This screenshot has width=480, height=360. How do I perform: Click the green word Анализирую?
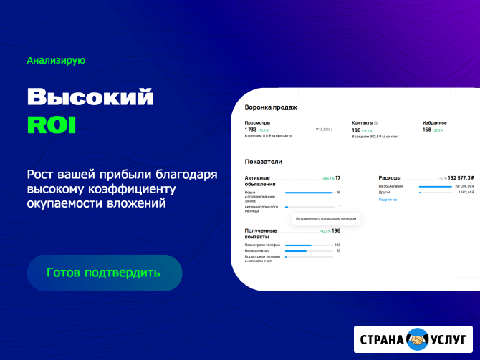click(56, 61)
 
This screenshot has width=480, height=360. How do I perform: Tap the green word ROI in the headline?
click(51, 124)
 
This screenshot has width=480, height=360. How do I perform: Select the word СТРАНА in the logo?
click(381, 339)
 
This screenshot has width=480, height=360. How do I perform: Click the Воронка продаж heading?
click(271, 107)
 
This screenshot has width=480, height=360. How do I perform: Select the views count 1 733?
click(250, 130)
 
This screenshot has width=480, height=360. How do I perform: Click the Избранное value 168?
click(426, 130)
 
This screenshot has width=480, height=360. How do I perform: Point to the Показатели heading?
click(264, 162)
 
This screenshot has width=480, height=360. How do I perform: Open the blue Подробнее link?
click(388, 200)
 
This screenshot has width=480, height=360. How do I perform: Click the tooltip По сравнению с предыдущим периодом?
click(326, 218)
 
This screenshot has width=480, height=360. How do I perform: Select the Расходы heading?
click(390, 177)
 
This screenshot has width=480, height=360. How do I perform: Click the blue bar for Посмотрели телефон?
click(298, 245)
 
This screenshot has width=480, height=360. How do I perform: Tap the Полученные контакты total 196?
click(335, 230)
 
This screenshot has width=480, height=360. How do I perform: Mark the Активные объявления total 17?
click(337, 177)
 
